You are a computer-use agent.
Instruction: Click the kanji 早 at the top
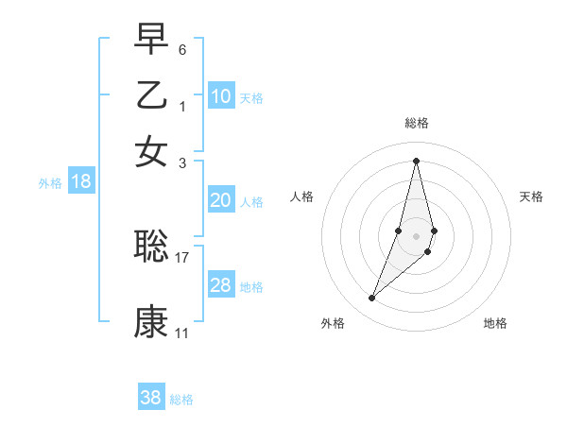(151, 40)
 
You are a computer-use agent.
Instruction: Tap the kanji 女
(151, 151)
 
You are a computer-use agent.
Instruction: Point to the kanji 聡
(151, 246)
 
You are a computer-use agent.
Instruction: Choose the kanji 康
(151, 321)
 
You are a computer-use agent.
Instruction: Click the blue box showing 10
(221, 96)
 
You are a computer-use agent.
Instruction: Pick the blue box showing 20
(221, 200)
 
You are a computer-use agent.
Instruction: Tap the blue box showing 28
(221, 285)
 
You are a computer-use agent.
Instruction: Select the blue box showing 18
(81, 182)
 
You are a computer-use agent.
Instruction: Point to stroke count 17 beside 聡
(182, 256)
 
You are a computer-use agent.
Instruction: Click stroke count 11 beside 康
(182, 333)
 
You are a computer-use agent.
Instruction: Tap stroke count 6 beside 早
(182, 48)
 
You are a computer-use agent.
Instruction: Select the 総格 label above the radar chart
(416, 123)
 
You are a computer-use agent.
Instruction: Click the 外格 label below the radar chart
(333, 323)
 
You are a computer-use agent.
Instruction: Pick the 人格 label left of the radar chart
(302, 196)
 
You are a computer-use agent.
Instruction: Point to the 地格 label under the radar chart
(495, 323)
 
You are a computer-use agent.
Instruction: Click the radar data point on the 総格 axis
(416, 160)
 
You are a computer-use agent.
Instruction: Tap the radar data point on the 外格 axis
(372, 299)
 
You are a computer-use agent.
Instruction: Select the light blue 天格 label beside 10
(251, 97)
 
